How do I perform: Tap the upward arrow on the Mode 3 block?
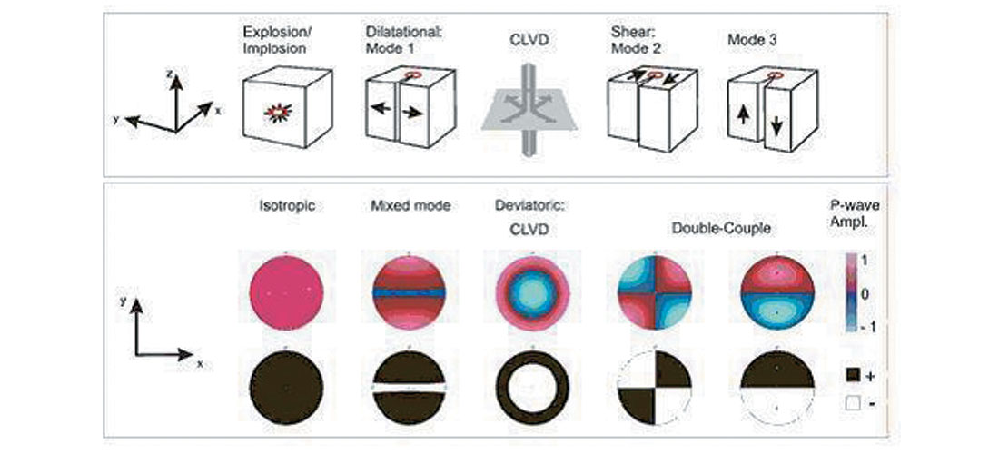click(743, 117)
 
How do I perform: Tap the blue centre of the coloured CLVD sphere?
click(530, 292)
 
